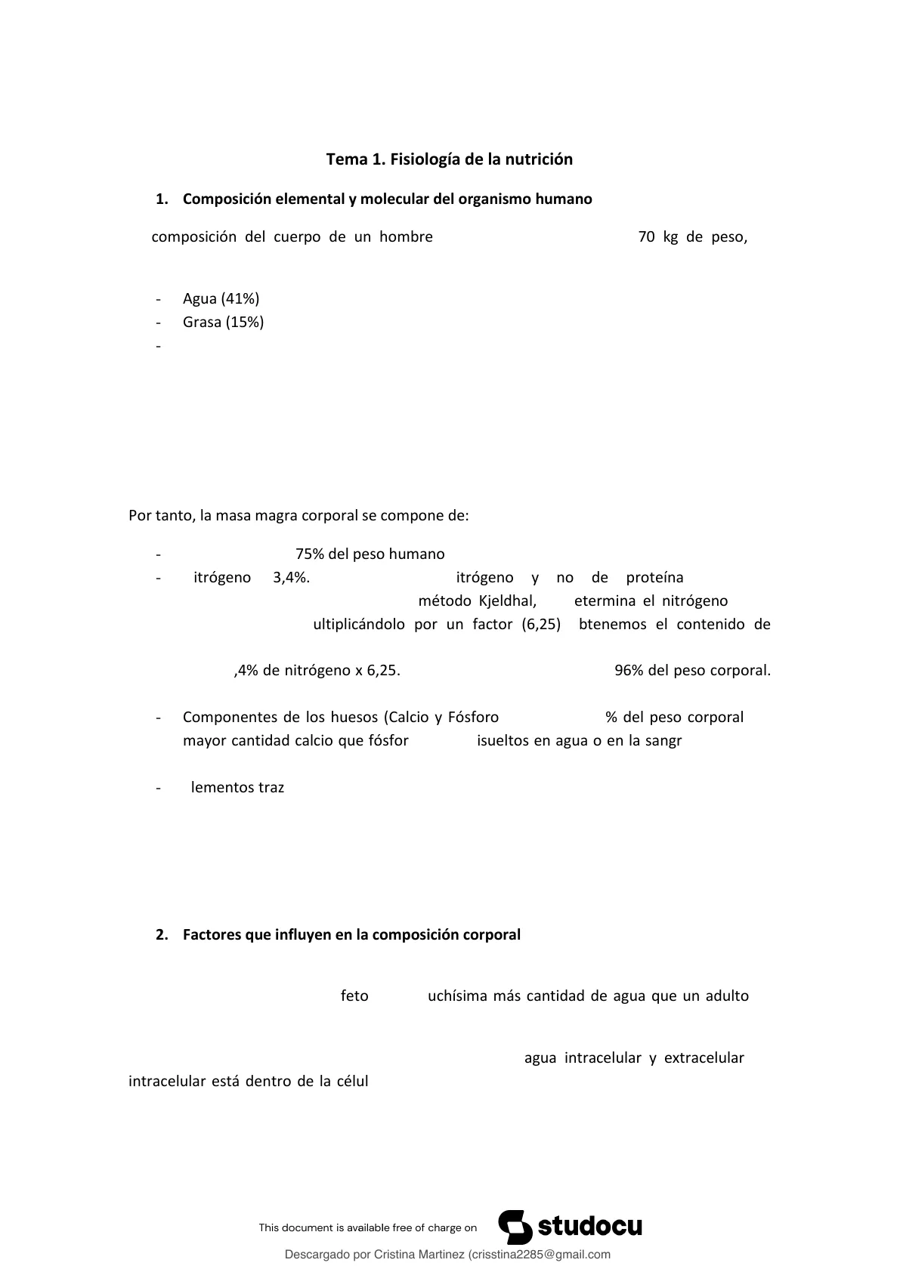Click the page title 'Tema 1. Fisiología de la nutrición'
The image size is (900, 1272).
(x=449, y=159)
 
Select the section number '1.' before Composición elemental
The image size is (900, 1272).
(x=161, y=199)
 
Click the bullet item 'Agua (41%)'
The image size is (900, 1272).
(x=221, y=298)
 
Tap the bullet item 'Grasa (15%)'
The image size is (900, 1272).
(x=223, y=322)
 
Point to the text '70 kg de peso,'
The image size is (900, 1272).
(x=692, y=237)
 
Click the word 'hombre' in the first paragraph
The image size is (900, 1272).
(x=406, y=237)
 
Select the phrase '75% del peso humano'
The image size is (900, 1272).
(x=370, y=554)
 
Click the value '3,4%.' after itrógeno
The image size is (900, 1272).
(x=291, y=578)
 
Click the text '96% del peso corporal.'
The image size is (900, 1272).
(x=692, y=671)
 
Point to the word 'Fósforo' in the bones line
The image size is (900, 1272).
(x=473, y=717)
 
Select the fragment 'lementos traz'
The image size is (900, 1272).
(x=237, y=787)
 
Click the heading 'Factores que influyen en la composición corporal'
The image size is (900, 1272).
(x=351, y=934)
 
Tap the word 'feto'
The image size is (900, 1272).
(x=354, y=996)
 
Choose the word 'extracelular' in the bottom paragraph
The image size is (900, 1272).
(x=704, y=1058)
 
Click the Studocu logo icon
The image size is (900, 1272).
(x=515, y=1227)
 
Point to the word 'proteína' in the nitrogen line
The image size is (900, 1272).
(x=654, y=578)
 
